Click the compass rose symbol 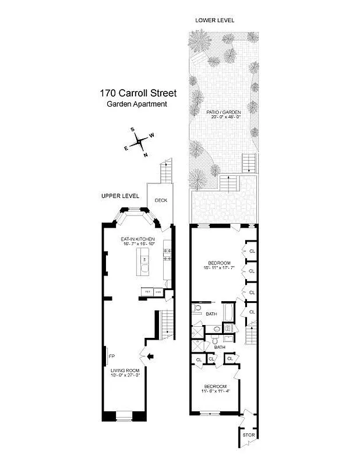point(139,142)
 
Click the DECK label point(161,200)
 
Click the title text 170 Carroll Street point(137,93)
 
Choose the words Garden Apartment point(137,104)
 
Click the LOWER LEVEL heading point(215,20)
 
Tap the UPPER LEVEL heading point(120,196)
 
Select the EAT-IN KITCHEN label point(137,239)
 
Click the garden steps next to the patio point(249,163)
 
